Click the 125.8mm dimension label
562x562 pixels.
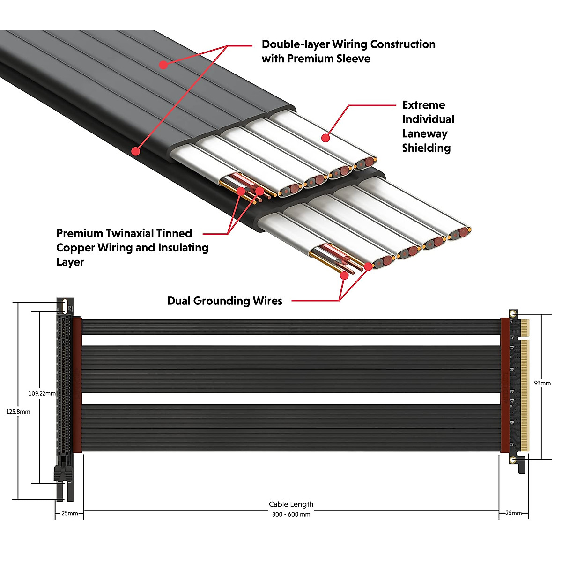[18, 412]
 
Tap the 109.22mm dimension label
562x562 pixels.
[42, 393]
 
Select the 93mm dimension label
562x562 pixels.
[542, 383]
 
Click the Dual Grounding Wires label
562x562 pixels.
[225, 301]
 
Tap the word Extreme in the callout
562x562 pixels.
[423, 105]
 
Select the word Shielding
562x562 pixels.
[426, 148]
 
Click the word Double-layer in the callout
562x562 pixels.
[296, 44]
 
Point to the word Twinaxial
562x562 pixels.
[149, 233]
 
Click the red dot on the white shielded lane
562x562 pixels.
[325, 138]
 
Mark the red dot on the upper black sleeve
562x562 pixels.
[163, 65]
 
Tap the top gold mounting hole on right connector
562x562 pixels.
[513, 314]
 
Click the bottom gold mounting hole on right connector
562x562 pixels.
[513, 460]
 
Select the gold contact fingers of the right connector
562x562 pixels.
[525, 386]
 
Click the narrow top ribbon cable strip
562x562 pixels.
[291, 327]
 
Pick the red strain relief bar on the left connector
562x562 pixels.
[77, 385]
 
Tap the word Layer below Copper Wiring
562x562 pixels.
[70, 262]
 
